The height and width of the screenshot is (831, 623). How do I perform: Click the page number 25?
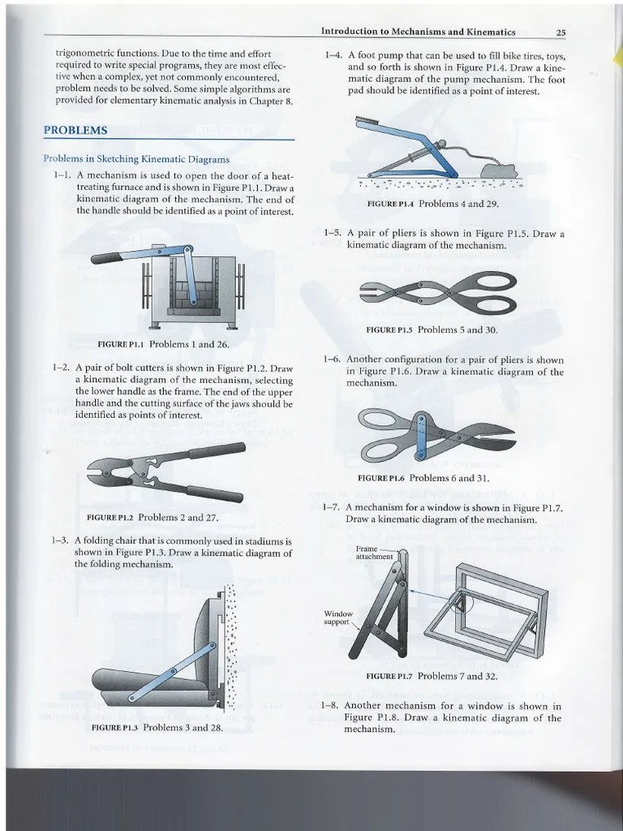click(x=560, y=32)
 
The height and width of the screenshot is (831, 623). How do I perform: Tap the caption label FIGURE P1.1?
click(x=121, y=344)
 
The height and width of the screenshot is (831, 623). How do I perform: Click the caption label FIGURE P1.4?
click(x=391, y=204)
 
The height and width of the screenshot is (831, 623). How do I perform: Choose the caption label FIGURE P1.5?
click(x=390, y=330)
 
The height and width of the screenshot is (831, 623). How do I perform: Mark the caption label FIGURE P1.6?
click(x=384, y=478)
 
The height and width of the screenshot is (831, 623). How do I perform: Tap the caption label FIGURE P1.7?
click(x=389, y=675)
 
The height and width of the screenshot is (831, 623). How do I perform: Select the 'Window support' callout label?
click(x=339, y=618)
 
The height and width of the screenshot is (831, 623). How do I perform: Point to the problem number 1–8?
click(x=331, y=706)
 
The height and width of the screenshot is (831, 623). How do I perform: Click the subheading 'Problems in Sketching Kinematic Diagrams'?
click(x=136, y=159)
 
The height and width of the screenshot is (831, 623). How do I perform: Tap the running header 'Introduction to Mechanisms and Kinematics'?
click(x=418, y=32)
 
